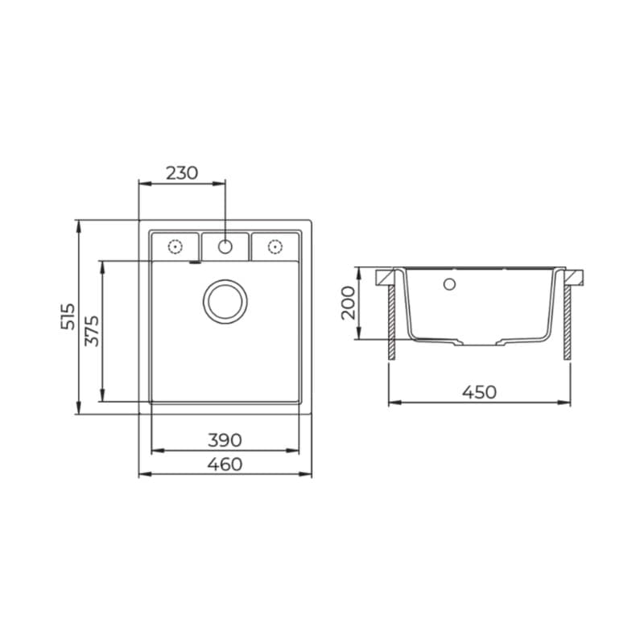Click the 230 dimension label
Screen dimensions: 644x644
(182, 173)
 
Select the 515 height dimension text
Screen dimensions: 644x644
(68, 316)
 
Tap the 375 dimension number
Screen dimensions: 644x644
(92, 331)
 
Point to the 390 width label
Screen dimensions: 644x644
(225, 440)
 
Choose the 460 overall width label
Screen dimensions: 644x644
(225, 464)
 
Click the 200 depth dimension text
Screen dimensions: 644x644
(349, 303)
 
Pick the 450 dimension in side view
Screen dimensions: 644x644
(479, 392)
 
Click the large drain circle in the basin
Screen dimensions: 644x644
(225, 281)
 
